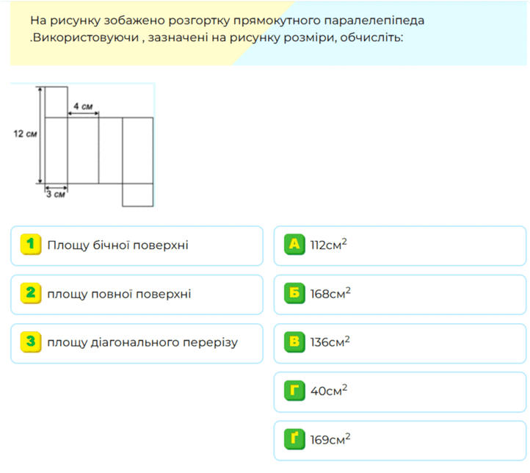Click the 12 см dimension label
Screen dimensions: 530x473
click(25, 134)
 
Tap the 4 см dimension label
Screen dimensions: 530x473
click(83, 106)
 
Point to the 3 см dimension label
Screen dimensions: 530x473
click(56, 195)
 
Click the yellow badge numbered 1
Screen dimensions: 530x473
click(31, 244)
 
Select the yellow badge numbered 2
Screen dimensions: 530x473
click(31, 293)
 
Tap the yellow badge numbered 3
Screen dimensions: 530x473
click(31, 342)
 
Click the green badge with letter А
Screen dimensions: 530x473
click(294, 244)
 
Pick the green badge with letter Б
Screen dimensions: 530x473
click(294, 293)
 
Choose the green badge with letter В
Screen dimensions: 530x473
click(294, 342)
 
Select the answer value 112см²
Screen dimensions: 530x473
click(329, 244)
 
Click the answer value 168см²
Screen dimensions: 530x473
click(330, 293)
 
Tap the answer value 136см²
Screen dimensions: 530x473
click(330, 342)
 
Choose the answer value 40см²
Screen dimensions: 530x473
click(329, 390)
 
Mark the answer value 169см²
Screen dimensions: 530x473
click(330, 439)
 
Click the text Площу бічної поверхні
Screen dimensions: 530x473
click(117, 245)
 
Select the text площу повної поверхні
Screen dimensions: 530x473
click(119, 294)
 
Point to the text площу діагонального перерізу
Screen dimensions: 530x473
click(142, 342)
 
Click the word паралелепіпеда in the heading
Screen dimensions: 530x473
click(374, 21)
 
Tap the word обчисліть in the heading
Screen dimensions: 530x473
click(371, 37)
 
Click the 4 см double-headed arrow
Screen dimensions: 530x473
click(83, 114)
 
